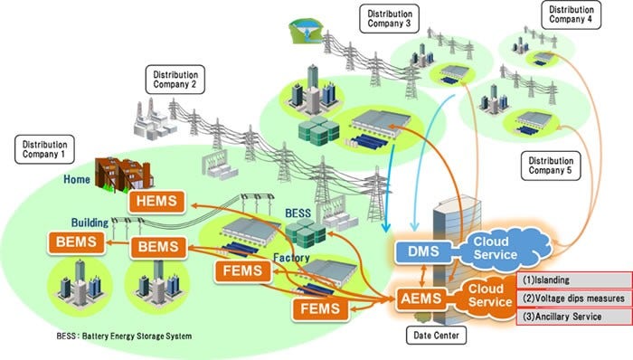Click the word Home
(x=77, y=179)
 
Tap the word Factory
(x=292, y=258)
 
